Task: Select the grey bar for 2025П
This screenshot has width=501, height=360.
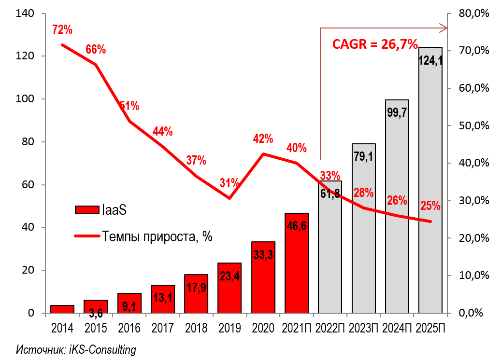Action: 430,193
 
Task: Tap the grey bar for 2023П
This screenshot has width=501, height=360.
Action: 363,241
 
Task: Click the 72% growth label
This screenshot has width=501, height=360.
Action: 62,30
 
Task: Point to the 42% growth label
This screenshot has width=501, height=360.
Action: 263,139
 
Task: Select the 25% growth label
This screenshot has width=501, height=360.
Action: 430,206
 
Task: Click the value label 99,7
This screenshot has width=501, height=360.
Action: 397,112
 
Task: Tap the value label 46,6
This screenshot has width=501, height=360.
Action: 297,227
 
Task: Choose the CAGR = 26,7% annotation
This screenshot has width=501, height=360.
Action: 375,45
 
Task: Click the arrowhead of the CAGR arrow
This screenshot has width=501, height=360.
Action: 443,28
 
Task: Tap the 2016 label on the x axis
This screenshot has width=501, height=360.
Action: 129,328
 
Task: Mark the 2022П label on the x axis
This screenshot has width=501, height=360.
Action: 329,328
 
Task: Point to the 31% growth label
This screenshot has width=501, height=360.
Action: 229,183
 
